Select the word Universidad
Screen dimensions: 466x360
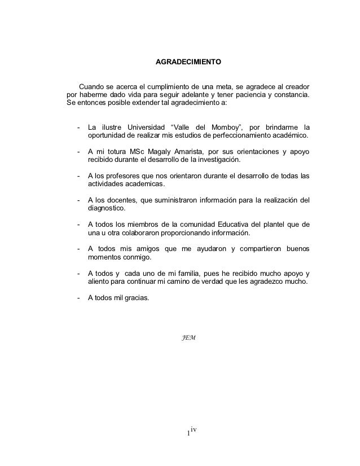coord(146,126)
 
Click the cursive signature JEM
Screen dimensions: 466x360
coord(188,338)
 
